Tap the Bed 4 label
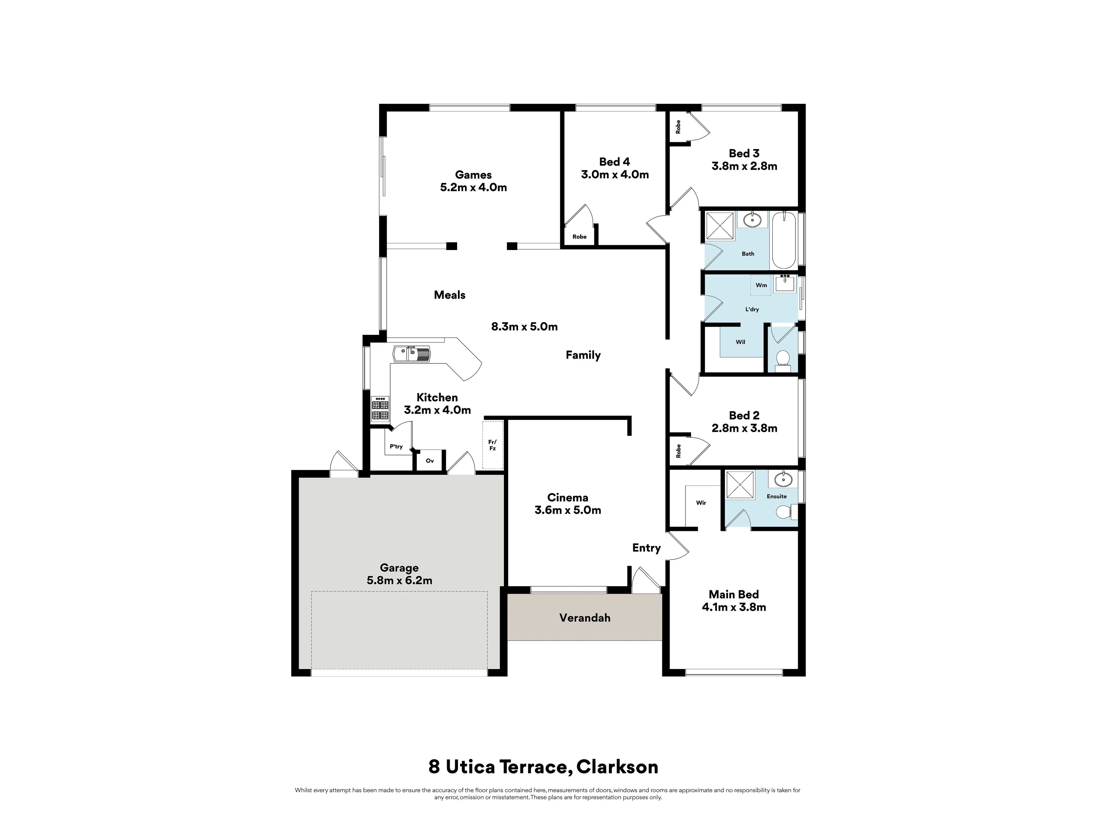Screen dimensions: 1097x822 pyautogui.click(x=614, y=162)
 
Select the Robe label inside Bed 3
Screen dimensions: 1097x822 pyautogui.click(x=678, y=127)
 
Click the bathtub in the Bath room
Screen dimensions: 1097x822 pyautogui.click(x=784, y=241)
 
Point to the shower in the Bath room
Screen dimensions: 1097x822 pyautogui.click(x=720, y=226)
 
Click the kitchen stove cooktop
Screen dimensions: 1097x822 pyautogui.click(x=380, y=408)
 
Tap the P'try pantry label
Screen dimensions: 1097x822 pyautogui.click(x=396, y=446)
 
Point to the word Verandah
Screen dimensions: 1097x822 pyautogui.click(x=585, y=618)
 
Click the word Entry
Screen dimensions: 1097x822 pyautogui.click(x=646, y=548)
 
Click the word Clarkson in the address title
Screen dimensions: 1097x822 pyautogui.click(x=617, y=767)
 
